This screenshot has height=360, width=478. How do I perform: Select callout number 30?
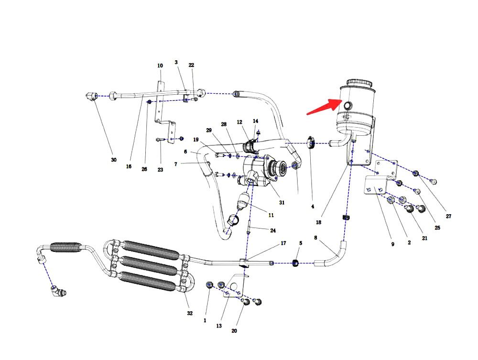tap(114, 160)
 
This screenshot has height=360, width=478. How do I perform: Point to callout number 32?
tap(190, 313)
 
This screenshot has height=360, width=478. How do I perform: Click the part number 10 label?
tap(160, 65)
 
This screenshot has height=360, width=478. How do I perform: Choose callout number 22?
tap(191, 65)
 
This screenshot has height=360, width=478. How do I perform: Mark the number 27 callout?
tap(448, 216)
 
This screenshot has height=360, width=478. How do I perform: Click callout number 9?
tap(392, 244)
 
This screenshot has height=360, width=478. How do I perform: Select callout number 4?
tap(313, 207)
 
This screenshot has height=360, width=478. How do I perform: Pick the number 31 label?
tap(282, 202)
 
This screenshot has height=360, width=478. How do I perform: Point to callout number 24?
tap(273, 230)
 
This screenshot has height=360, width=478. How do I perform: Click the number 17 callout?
tap(283, 243)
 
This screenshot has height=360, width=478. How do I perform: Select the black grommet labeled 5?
tap(296, 262)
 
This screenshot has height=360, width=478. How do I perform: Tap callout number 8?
tap(315, 238)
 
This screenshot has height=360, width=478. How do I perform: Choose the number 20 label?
tap(234, 330)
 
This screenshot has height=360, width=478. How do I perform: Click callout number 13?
tap(219, 326)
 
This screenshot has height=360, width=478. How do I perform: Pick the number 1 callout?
tap(205, 320)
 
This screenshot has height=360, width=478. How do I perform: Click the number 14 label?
tap(255, 121)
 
